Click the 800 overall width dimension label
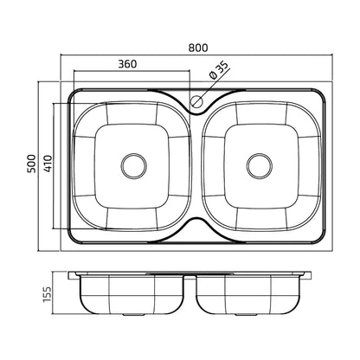(198, 48)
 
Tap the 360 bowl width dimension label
(127, 64)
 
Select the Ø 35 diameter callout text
(219, 71)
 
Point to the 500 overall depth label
(32, 164)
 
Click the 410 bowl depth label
(48, 164)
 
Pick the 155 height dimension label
(47, 294)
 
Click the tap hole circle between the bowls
(196, 101)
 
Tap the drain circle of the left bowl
(133, 166)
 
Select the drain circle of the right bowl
(260, 166)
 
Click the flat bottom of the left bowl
(132, 166)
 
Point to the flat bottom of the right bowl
(261, 166)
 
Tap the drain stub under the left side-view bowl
(134, 314)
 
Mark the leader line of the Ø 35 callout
(214, 85)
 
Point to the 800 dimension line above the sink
(196, 55)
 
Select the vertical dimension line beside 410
(54, 166)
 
